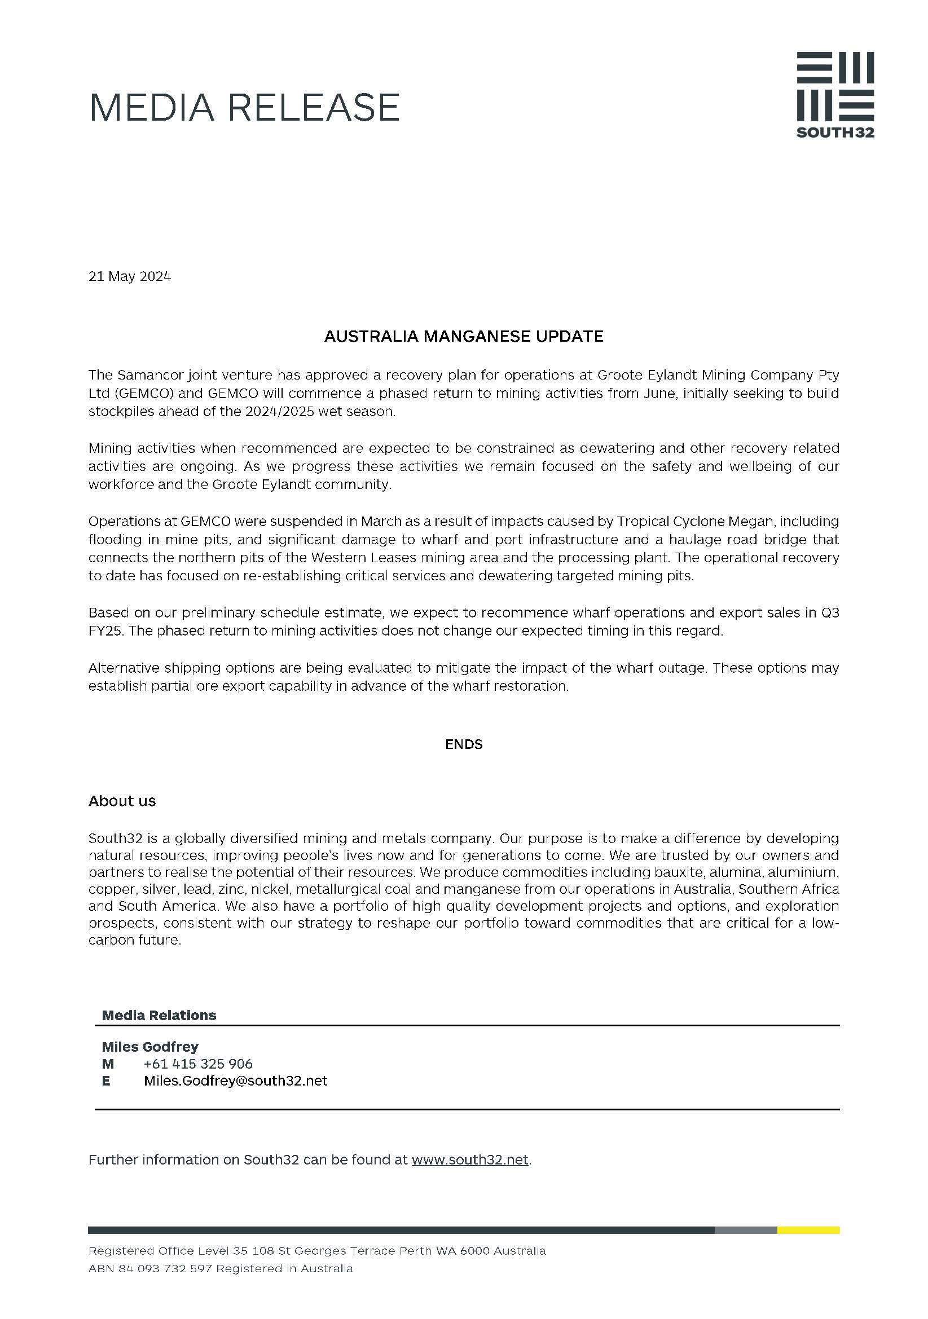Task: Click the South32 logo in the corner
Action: click(x=834, y=95)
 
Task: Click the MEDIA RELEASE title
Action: click(x=244, y=108)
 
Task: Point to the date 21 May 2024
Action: click(x=129, y=276)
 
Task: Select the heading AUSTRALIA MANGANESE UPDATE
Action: click(x=464, y=336)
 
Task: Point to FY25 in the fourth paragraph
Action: click(x=104, y=631)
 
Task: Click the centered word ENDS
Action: click(x=464, y=744)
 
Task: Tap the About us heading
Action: click(x=122, y=801)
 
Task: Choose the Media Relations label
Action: click(x=159, y=1015)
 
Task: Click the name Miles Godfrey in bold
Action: click(x=150, y=1047)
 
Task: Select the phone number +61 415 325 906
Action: click(x=198, y=1064)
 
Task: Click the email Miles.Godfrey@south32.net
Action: click(x=236, y=1080)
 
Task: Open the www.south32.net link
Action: click(x=470, y=1159)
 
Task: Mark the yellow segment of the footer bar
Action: click(x=808, y=1230)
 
